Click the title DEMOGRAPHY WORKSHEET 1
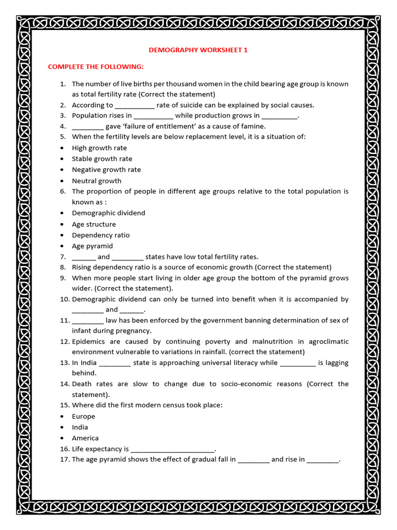(x=195, y=50)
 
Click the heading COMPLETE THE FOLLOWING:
(x=96, y=67)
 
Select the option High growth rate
(x=99, y=148)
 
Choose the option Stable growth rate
(x=102, y=159)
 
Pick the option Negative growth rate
(x=106, y=170)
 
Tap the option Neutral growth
(x=97, y=181)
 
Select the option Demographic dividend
(x=109, y=213)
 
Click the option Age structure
(x=94, y=224)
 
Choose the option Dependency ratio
(x=101, y=235)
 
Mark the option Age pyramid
(x=92, y=246)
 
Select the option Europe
(x=83, y=417)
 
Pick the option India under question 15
(x=80, y=428)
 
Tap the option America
(x=85, y=438)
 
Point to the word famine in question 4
(x=253, y=126)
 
